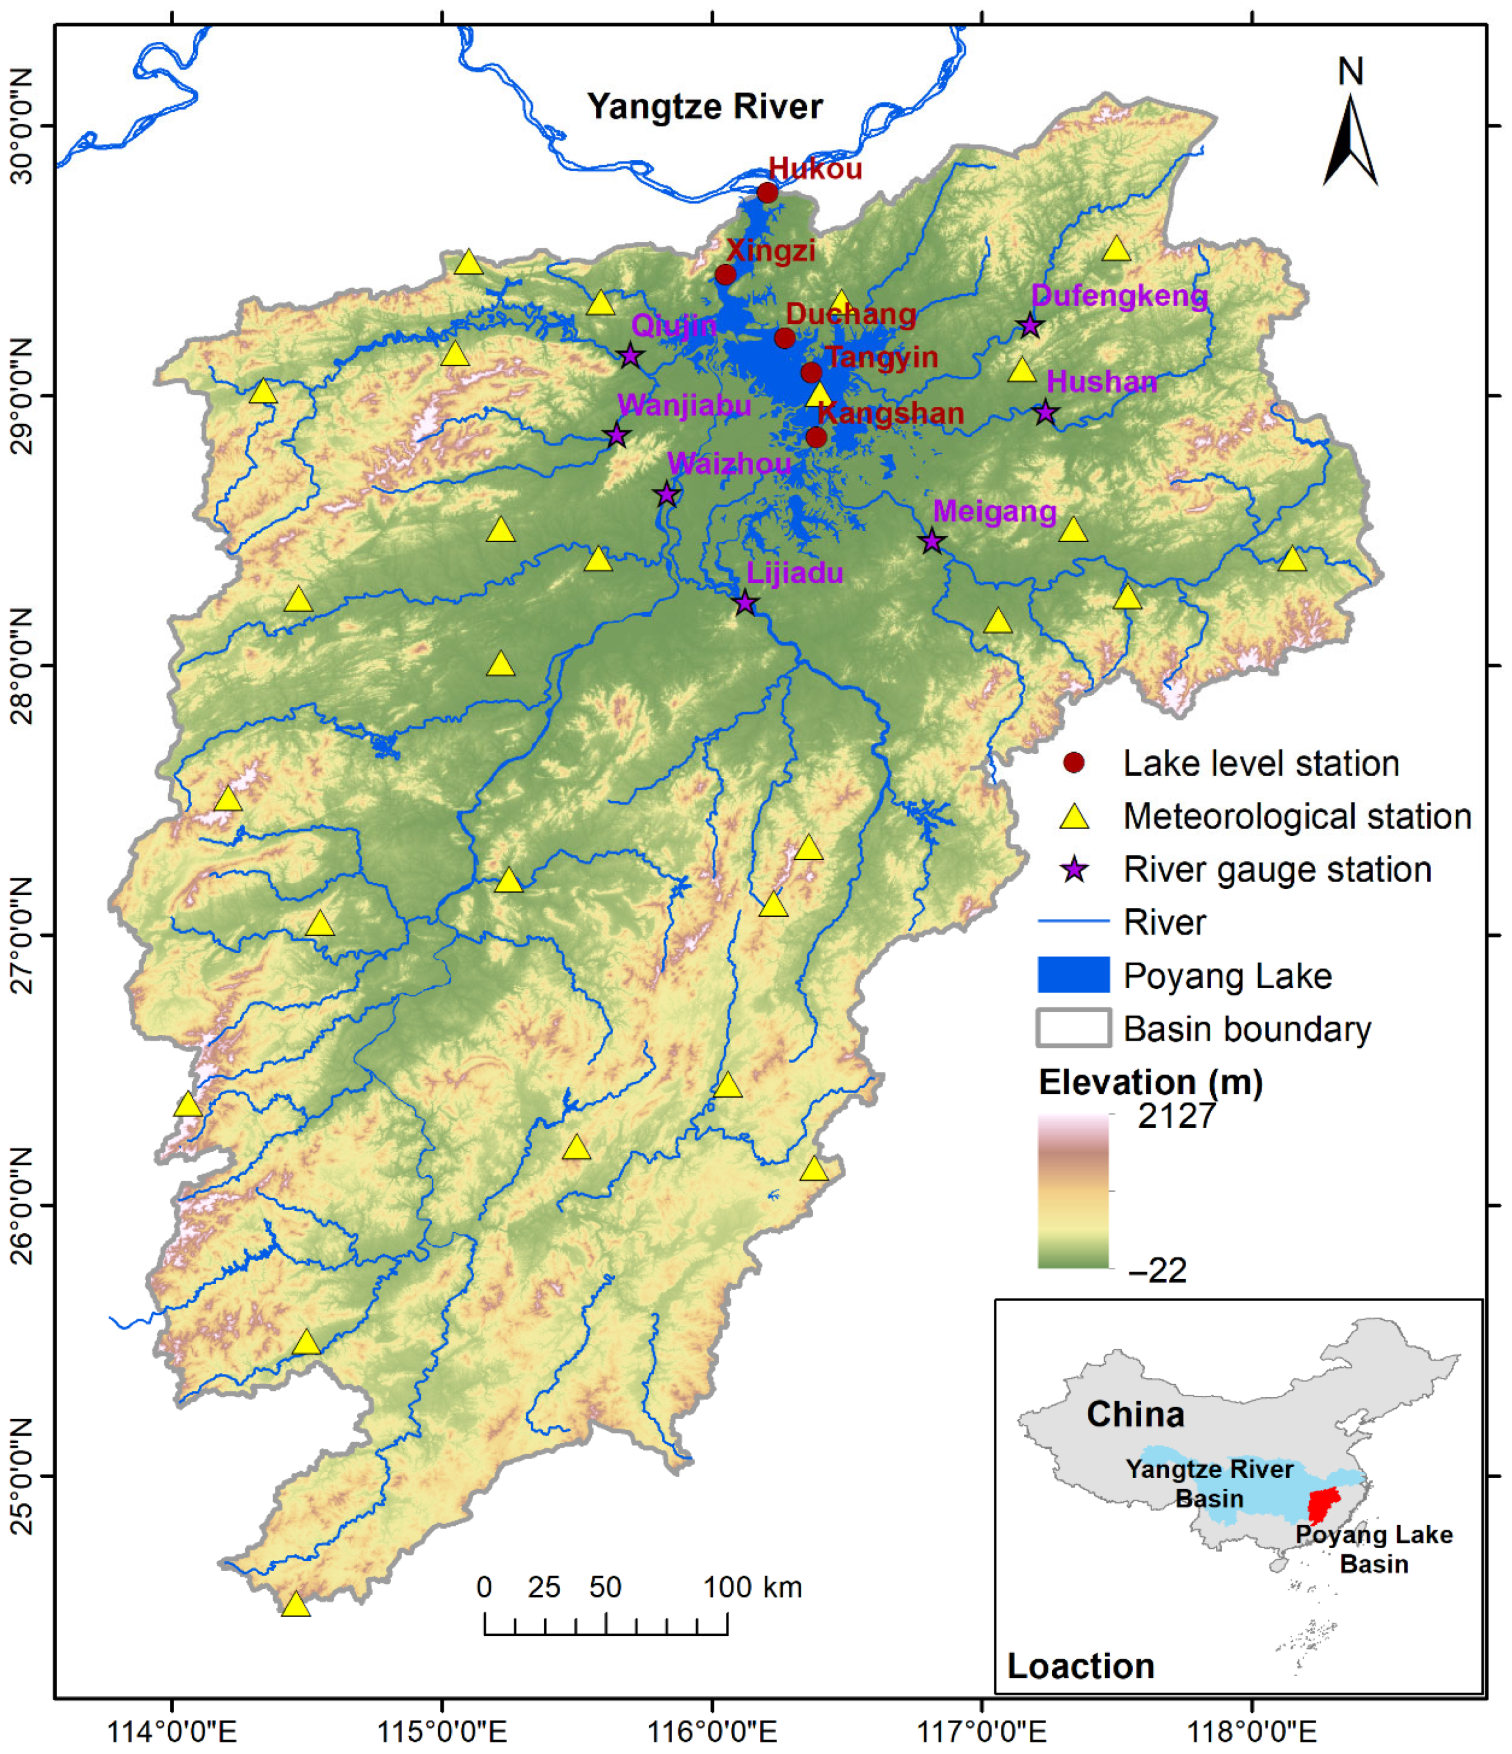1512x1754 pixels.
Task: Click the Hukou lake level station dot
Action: click(x=767, y=193)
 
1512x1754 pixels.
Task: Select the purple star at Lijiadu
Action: click(x=744, y=604)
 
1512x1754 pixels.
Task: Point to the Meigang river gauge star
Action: click(x=932, y=541)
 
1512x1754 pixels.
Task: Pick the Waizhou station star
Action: click(x=666, y=494)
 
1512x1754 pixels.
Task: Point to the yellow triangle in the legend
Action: click(x=1074, y=817)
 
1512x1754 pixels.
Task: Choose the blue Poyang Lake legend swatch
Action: click(x=1073, y=975)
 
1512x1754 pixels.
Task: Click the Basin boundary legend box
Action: click(x=1073, y=1028)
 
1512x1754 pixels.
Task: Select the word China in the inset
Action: click(x=1135, y=1414)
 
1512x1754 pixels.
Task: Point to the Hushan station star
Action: click(x=1046, y=412)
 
